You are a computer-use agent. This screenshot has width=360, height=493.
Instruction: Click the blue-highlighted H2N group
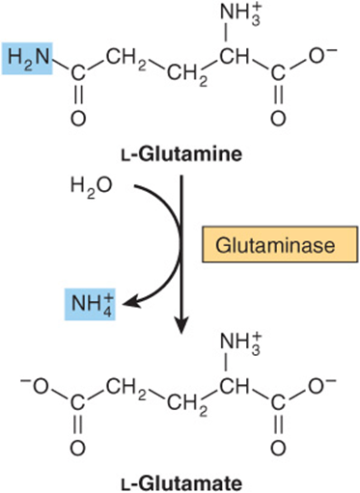[x=27, y=58]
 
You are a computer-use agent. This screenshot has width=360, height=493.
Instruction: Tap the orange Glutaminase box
[x=280, y=244]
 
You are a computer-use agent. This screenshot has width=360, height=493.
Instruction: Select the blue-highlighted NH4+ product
[x=90, y=304]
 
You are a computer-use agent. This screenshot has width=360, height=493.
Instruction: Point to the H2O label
[x=91, y=187]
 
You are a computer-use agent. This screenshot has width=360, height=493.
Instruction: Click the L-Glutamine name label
[x=181, y=154]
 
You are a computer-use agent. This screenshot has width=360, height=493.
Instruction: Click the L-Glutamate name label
[x=181, y=483]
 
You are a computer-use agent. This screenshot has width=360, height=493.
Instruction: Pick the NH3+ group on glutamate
[x=240, y=344]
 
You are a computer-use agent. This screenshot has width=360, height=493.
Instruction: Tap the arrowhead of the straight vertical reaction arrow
[x=181, y=326]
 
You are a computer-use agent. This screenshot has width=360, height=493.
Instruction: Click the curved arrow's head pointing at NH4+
[x=132, y=302]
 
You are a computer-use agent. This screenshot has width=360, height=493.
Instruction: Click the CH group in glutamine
[x=235, y=57]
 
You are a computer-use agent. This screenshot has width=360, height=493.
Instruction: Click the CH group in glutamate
[x=235, y=386]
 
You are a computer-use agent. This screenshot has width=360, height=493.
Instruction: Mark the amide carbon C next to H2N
[x=78, y=74]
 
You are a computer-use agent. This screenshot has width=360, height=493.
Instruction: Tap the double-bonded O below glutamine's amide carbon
[x=78, y=119]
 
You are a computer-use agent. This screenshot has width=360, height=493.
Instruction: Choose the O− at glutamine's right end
[x=322, y=57]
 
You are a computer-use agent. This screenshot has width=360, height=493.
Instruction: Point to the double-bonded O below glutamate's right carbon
[x=278, y=448]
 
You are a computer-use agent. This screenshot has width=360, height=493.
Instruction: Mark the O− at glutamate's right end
[x=322, y=386]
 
